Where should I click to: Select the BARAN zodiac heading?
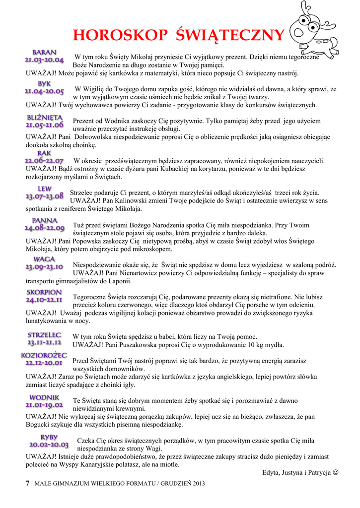coord(44,52)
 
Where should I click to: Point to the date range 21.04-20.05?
coord(44,91)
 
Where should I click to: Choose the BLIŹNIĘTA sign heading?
coord(44,118)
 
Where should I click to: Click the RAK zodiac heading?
coord(44,154)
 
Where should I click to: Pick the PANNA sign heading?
coord(44,220)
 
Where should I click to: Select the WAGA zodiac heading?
coord(44,259)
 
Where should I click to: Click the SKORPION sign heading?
coord(44,292)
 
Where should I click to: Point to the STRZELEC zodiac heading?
coord(44,335)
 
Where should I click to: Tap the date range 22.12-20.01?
coord(44,363)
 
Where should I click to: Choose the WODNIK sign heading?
coord(44,397)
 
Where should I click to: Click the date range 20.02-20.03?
coord(49,444)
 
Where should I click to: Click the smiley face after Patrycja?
coord(336,472)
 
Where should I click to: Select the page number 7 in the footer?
coord(28,483)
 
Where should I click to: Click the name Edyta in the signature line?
coord(271,472)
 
